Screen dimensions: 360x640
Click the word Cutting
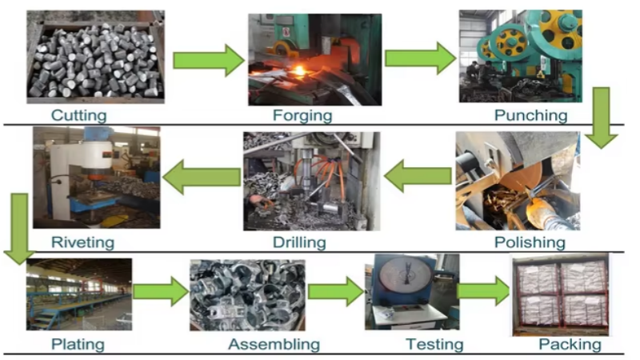pos(79,114)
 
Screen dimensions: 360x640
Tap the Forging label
pos(302,114)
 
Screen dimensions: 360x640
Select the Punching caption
pos(530,114)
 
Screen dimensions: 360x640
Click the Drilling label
pos(299,242)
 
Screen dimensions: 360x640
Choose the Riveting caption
pos(82,242)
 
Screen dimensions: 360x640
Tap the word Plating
pos(78,345)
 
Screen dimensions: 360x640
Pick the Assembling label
pos(274,345)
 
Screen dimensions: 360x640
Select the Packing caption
pos(570,345)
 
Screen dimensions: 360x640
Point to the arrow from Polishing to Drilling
pos(418,176)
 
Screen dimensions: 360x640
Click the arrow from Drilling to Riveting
pos(202,176)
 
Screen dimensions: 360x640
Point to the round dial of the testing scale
pos(401,280)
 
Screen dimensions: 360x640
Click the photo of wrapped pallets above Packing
pos(560,293)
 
